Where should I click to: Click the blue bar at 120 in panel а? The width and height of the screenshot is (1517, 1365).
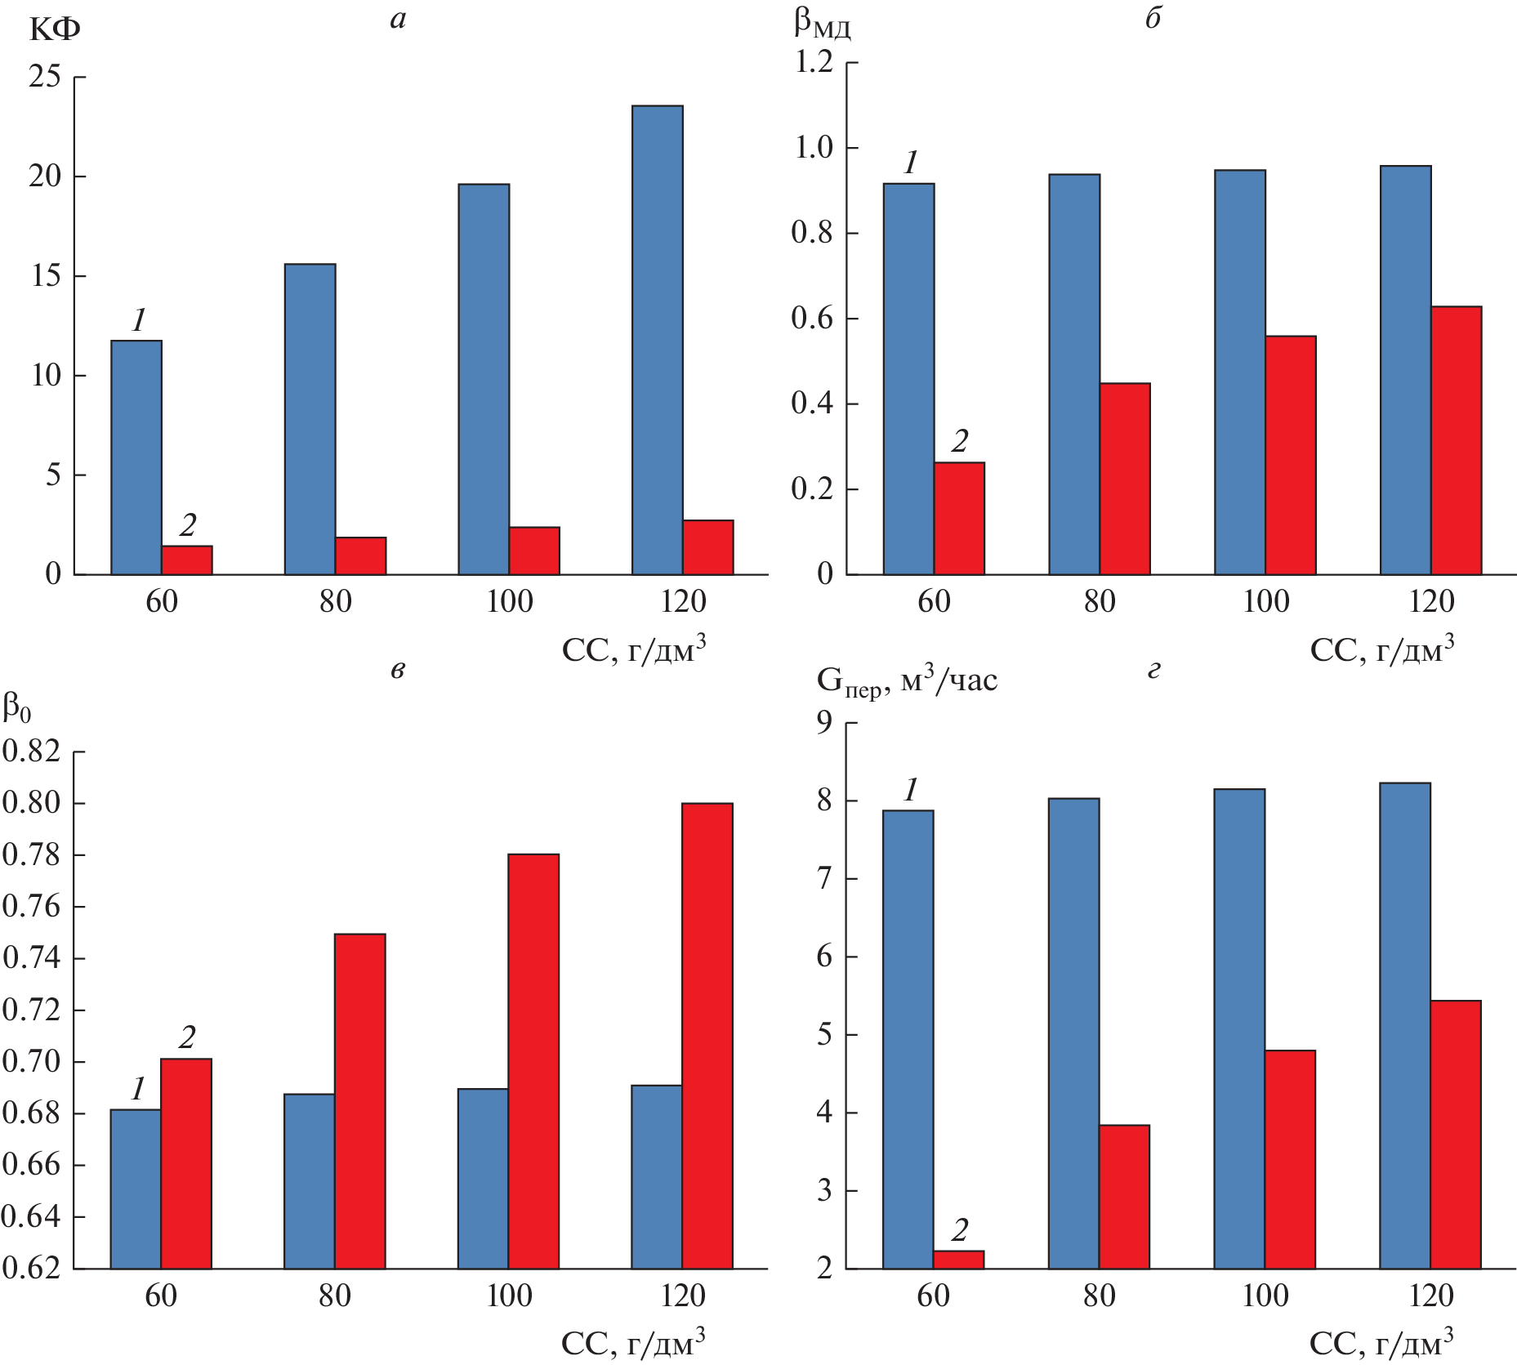point(658,340)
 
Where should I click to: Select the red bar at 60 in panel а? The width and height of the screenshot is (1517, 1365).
point(187,560)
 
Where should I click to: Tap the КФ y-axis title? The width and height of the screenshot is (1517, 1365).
point(55,30)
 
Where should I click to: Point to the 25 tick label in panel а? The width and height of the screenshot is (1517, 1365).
point(45,77)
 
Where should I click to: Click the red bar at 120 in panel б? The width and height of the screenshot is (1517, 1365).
point(1457,440)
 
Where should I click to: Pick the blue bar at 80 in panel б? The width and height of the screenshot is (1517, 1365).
point(1074,374)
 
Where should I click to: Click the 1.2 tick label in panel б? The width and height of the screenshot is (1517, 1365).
point(814,61)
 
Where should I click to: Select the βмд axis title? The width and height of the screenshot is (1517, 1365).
point(822,25)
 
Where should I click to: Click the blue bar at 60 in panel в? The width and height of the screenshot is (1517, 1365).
point(136,1189)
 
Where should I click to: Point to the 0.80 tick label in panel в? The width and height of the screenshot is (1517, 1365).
point(32,802)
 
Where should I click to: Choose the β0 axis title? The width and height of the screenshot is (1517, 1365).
point(16,707)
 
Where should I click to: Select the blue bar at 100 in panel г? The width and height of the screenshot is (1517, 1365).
point(1239,1028)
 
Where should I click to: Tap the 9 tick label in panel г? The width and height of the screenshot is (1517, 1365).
point(824,722)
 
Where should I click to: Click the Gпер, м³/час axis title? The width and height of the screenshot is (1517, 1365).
point(907,680)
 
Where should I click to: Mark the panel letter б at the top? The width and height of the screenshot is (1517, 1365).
point(1153,18)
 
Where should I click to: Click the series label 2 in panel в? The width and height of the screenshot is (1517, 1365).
point(187,1037)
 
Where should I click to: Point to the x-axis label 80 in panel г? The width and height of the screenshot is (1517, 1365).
point(1100,1296)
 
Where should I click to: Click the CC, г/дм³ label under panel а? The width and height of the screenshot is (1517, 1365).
point(633,649)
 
